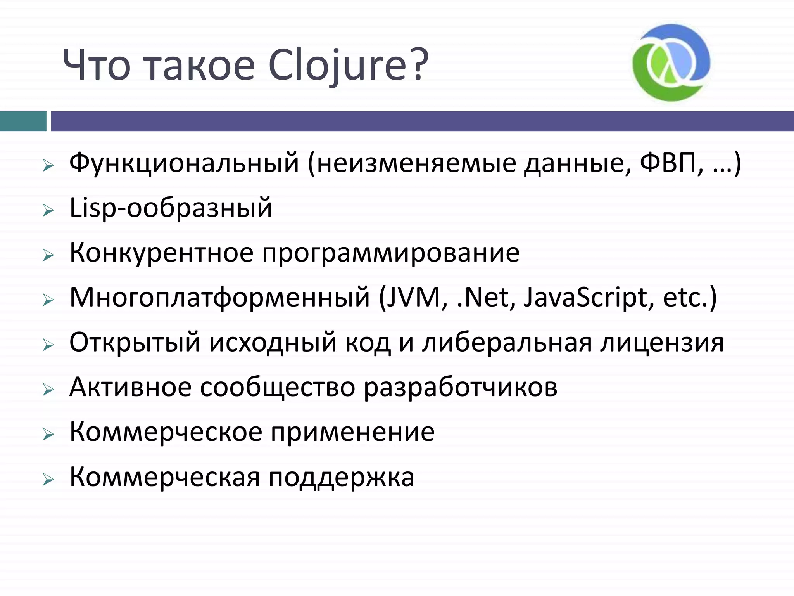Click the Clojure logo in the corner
click(671, 62)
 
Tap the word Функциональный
click(184, 163)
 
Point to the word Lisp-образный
click(171, 208)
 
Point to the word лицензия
click(662, 343)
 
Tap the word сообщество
click(278, 387)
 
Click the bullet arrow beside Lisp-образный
click(48, 211)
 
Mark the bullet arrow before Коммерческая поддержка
click(48, 480)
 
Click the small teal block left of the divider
click(23, 121)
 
